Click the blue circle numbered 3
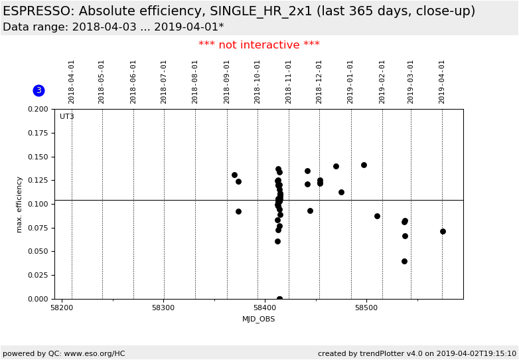[x=38, y=90]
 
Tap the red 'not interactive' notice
[x=259, y=45]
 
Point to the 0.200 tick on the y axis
[x=38, y=109]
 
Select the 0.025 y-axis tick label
[x=38, y=275]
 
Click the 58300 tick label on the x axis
[x=163, y=308]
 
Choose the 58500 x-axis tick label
[x=366, y=308]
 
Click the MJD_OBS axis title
[x=258, y=319]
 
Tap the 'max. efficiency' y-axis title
[x=19, y=204]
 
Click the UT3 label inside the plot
[x=67, y=117]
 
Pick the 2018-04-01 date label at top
[x=72, y=82]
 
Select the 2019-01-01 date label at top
[x=351, y=82]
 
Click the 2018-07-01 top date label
[x=164, y=82]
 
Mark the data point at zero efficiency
[x=279, y=299]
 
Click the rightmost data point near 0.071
[x=443, y=231]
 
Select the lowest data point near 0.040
[x=404, y=261]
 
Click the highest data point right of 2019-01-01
[x=364, y=165]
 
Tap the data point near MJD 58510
[x=377, y=216]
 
